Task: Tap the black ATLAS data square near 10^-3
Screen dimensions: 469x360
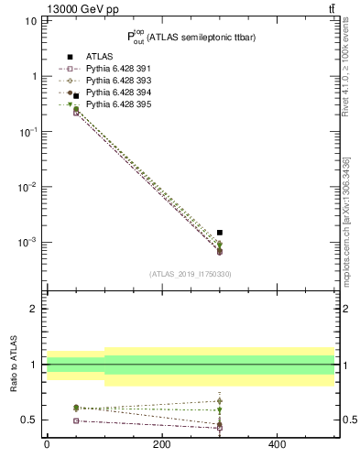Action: (x=220, y=233)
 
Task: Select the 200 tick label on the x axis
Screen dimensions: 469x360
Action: (x=162, y=444)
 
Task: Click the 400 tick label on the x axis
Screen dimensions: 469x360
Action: (x=277, y=444)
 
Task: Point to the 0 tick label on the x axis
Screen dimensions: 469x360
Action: (x=47, y=444)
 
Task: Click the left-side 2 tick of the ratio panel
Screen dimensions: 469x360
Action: (x=32, y=309)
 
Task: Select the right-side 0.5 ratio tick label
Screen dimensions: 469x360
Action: (x=347, y=420)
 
